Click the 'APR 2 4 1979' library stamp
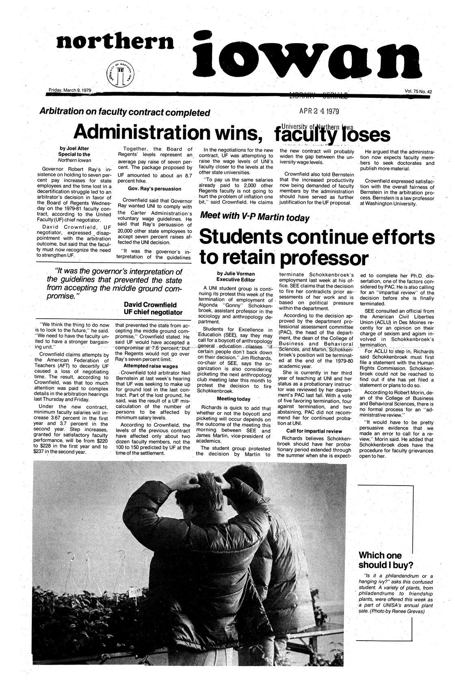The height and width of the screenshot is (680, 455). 319,111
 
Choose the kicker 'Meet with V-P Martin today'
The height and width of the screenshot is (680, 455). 255,218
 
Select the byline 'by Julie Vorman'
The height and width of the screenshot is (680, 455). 235,274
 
